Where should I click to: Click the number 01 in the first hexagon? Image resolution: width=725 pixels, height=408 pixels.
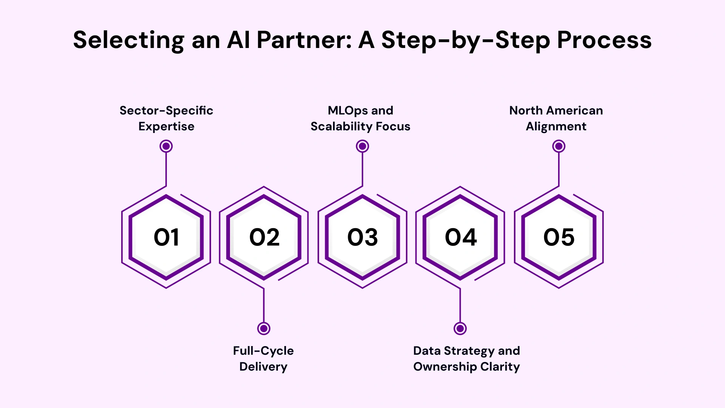(166, 237)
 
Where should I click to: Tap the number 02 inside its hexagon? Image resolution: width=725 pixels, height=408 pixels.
(264, 237)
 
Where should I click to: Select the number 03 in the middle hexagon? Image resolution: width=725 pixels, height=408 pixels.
(362, 237)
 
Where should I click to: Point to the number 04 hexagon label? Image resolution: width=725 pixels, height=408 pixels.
(461, 237)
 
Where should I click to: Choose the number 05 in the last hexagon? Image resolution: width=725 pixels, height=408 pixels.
(559, 237)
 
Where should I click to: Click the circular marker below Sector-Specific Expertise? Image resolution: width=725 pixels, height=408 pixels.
(166, 146)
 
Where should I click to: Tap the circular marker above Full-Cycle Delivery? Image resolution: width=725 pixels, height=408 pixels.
(264, 328)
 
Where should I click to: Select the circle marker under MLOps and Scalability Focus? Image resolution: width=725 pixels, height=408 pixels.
(362, 146)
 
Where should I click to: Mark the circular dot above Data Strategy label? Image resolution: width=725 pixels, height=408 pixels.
(460, 328)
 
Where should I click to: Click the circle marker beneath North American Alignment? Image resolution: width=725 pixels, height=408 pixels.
(559, 146)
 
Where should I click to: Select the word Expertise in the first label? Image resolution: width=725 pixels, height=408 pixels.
(166, 127)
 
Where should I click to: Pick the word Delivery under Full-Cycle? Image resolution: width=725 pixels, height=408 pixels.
(263, 367)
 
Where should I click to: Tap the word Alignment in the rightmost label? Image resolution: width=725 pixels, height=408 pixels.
(556, 127)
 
